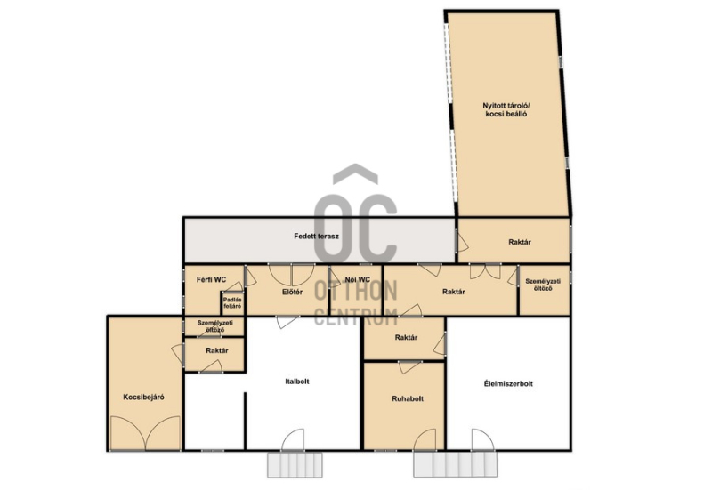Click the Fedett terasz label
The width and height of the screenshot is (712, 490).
(316, 237)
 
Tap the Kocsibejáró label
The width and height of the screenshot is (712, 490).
(143, 397)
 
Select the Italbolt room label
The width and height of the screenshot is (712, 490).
(297, 382)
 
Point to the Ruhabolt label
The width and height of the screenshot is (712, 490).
(408, 398)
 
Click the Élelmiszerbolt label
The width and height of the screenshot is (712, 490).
(508, 384)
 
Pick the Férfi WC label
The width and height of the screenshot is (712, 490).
(211, 280)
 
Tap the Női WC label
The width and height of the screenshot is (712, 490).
(358, 280)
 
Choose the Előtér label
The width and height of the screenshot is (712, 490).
(292, 293)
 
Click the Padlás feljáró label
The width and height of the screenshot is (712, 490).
(232, 303)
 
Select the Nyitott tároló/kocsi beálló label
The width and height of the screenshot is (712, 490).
(506, 110)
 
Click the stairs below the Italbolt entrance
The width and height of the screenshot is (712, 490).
(295, 464)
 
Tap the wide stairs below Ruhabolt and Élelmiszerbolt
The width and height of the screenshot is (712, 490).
(456, 464)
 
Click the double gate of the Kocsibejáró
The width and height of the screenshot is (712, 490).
(145, 433)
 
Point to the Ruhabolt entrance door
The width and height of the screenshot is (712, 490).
(425, 439)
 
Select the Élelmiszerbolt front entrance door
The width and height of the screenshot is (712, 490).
(482, 439)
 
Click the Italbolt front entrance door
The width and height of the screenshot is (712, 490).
(293, 439)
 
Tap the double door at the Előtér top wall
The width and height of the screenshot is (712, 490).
(292, 275)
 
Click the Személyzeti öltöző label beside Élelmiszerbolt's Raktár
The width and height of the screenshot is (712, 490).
(543, 285)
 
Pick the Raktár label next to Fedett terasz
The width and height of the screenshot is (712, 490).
(520, 242)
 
